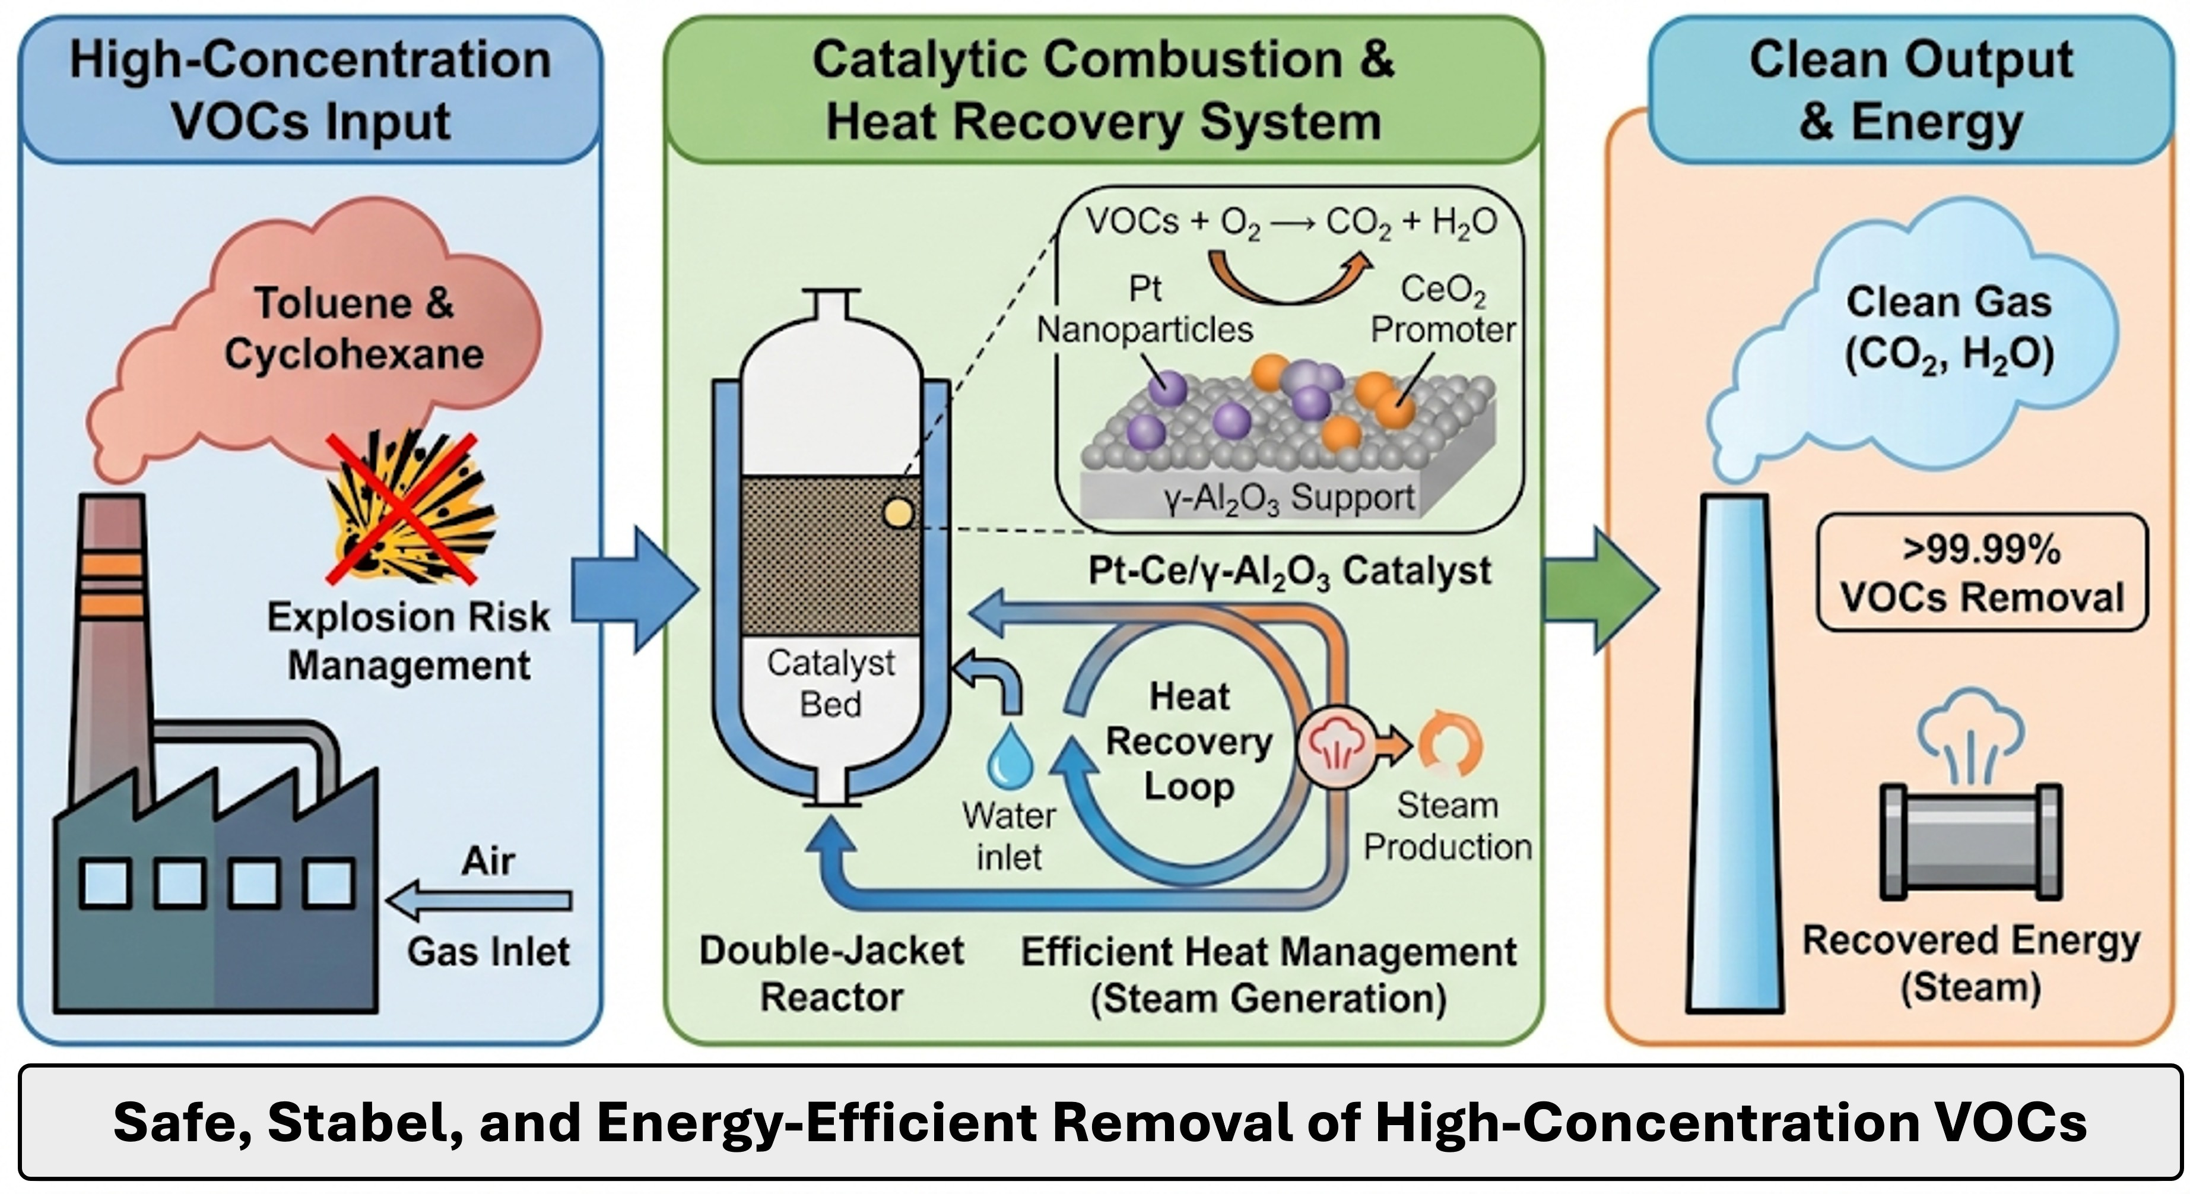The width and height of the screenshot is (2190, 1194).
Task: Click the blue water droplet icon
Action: tap(1010, 755)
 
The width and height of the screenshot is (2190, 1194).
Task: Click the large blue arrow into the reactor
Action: tap(633, 590)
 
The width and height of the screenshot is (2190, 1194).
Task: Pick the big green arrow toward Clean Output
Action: tap(1598, 590)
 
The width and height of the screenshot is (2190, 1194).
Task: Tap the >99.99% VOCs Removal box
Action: tap(1981, 572)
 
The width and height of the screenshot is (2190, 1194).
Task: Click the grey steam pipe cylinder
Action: tap(1970, 842)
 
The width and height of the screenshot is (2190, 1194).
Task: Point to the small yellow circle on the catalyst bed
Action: tap(899, 513)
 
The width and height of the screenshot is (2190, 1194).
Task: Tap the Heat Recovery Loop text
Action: tap(1189, 742)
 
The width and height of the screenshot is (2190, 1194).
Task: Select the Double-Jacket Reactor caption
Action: tap(831, 973)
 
